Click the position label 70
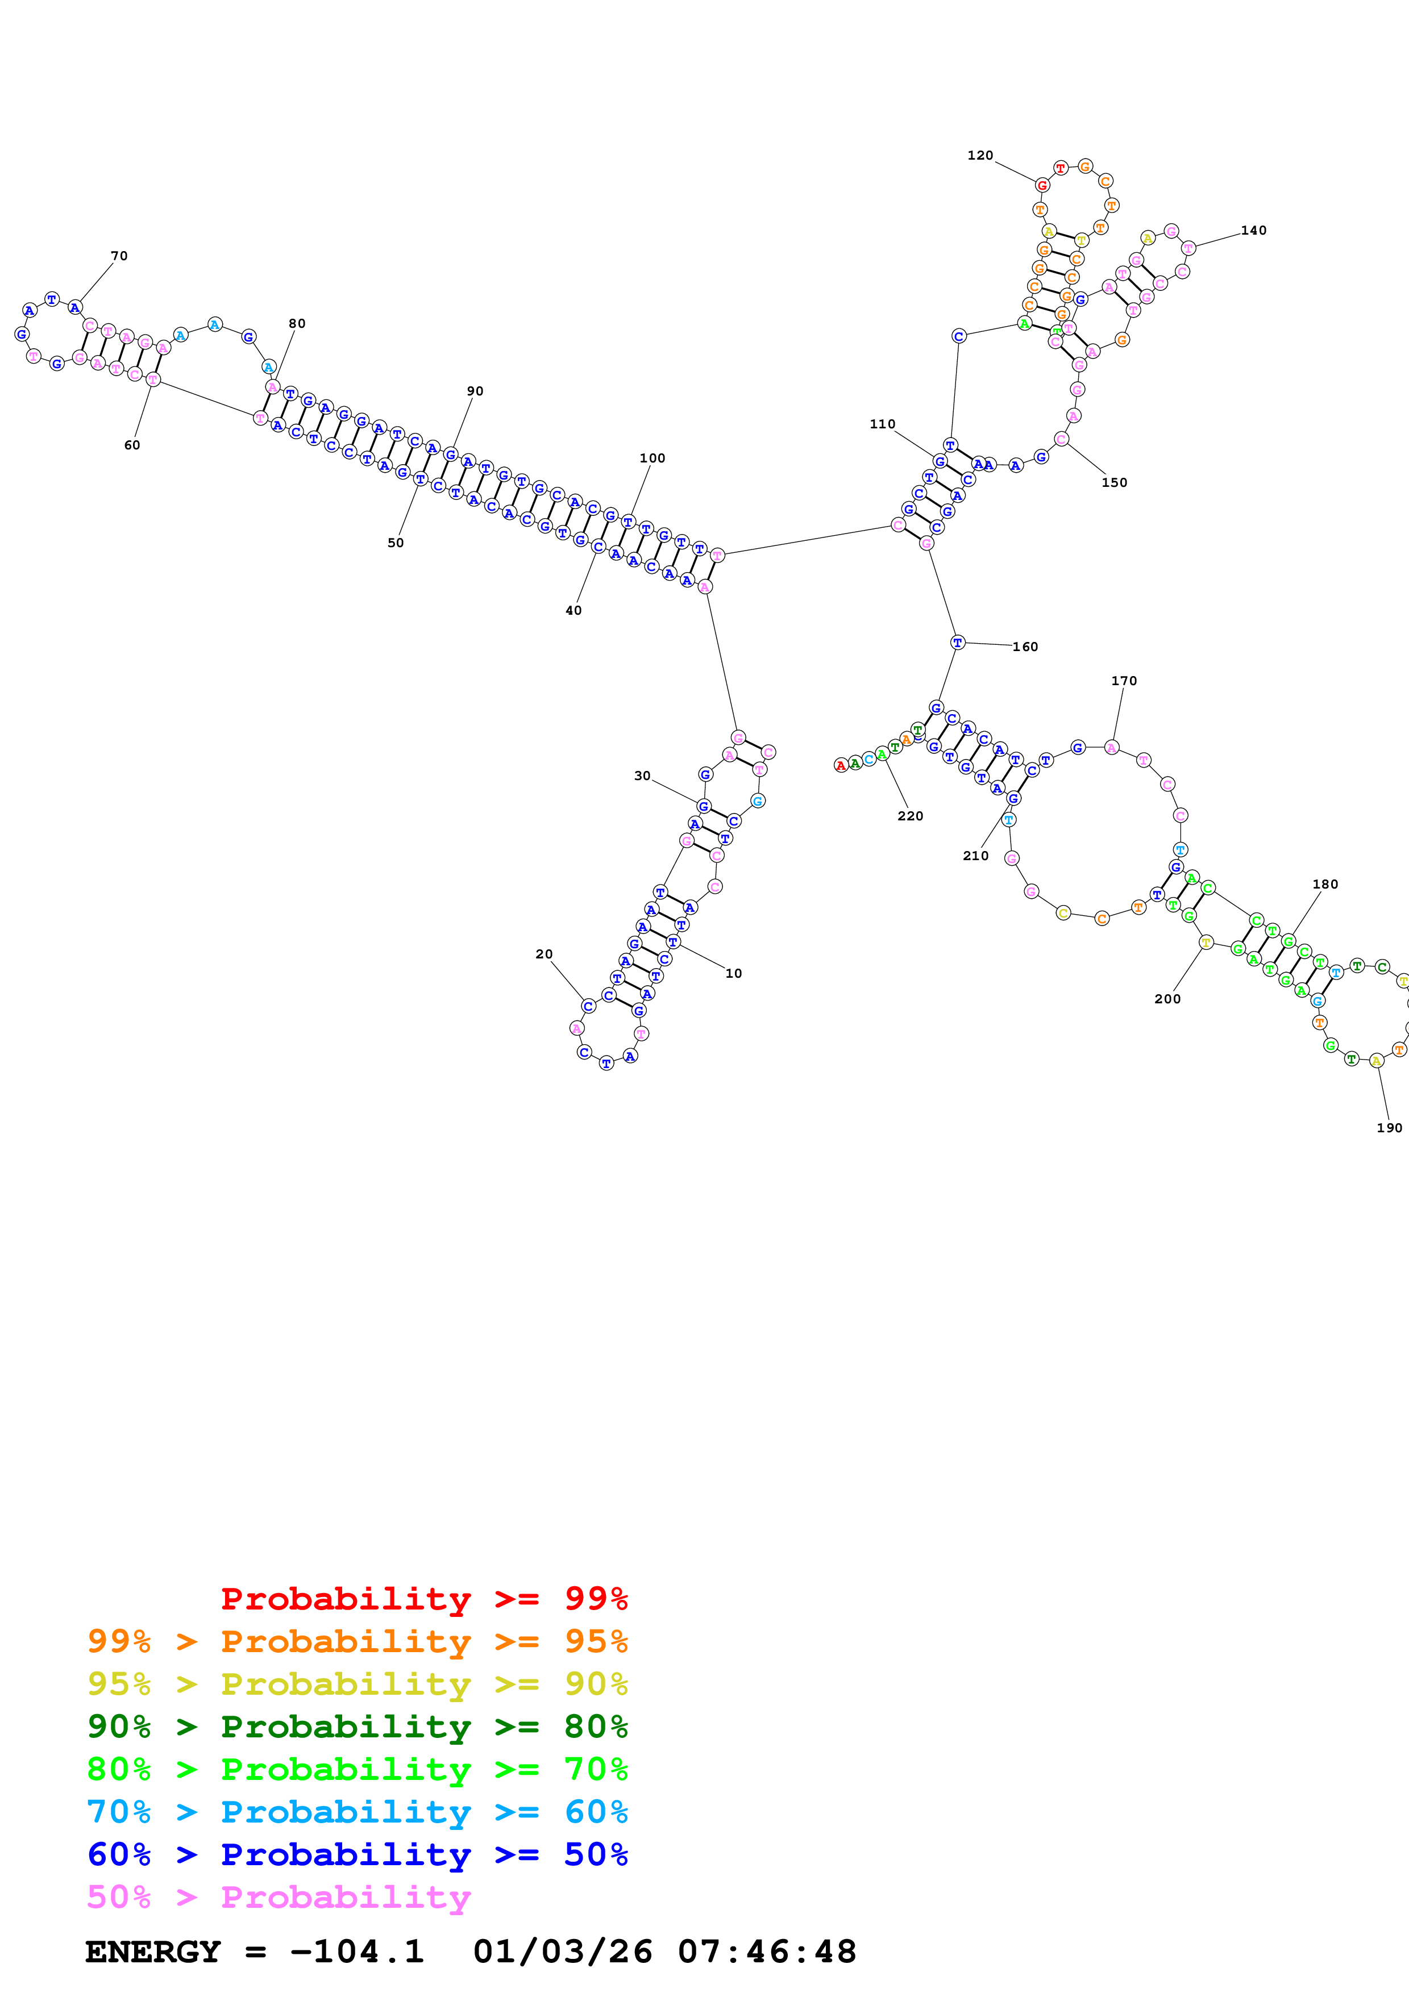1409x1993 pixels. click(x=119, y=256)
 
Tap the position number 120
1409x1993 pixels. click(x=980, y=155)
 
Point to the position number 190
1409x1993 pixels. click(x=1389, y=1128)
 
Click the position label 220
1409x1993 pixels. click(x=910, y=816)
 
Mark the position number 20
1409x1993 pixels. click(x=543, y=954)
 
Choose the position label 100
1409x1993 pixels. click(x=652, y=458)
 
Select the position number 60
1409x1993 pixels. click(x=132, y=445)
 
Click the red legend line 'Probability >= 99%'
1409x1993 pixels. click(x=423, y=1598)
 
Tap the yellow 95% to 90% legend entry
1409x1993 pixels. click(x=357, y=1684)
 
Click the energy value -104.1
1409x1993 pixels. click(x=357, y=1952)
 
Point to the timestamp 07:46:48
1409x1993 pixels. click(x=767, y=1952)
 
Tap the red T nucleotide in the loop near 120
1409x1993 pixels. click(x=1060, y=168)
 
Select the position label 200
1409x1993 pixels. click(x=1167, y=999)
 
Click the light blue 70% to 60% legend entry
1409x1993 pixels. click(x=357, y=1812)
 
